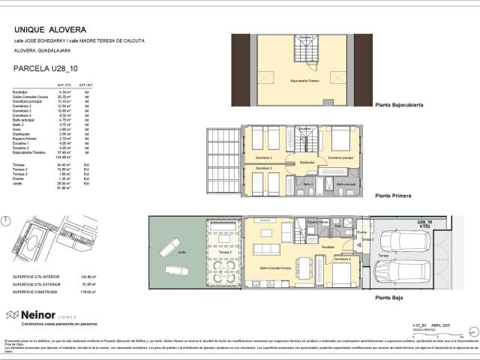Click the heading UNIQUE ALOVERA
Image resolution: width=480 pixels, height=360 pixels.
(x=44, y=30)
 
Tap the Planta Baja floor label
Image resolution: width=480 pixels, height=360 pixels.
(x=391, y=297)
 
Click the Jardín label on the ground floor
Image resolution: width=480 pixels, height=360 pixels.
(x=182, y=253)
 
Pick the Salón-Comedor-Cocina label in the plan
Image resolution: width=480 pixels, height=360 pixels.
(x=274, y=268)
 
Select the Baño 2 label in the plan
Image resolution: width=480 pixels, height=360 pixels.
(x=308, y=183)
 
